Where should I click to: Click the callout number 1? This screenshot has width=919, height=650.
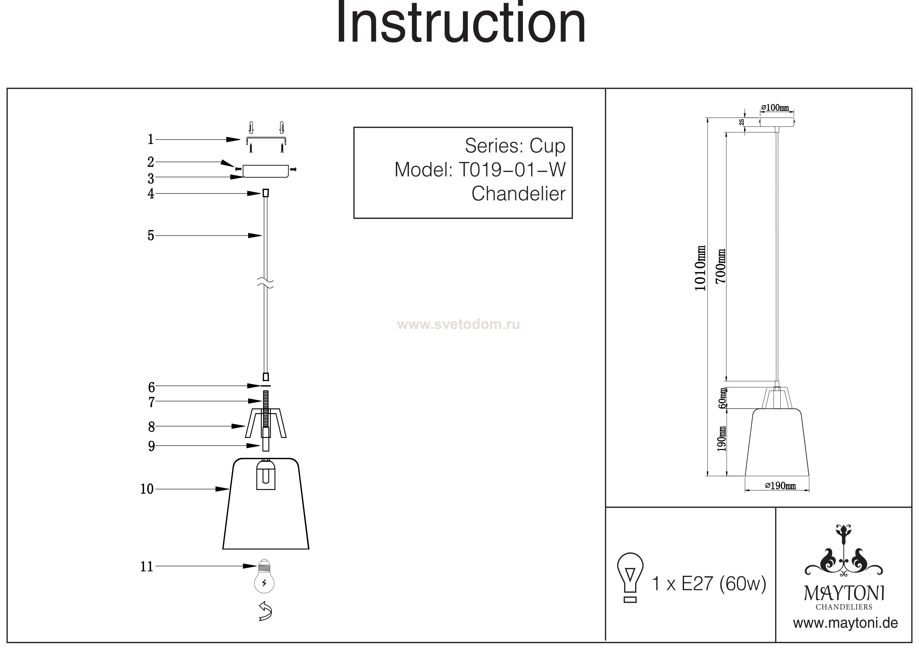[150, 139]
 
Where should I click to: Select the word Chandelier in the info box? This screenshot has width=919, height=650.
[518, 194]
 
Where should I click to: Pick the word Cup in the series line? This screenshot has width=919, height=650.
[547, 146]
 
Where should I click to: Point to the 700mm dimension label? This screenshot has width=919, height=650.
[721, 266]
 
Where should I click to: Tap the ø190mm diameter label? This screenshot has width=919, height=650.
[780, 486]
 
